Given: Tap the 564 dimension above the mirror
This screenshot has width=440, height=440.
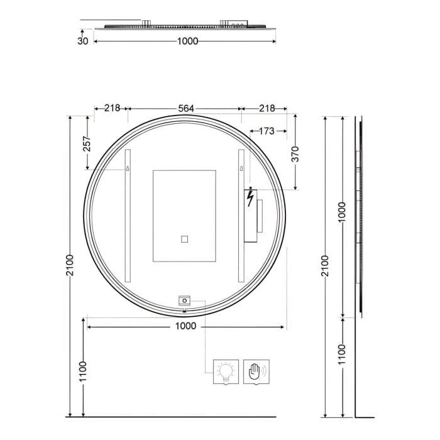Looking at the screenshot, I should click(185, 108).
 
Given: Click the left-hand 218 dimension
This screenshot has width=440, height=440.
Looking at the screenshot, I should click(112, 108).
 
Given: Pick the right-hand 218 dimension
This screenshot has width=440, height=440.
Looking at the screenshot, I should click(267, 108).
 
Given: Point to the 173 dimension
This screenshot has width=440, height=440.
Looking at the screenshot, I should click(267, 131).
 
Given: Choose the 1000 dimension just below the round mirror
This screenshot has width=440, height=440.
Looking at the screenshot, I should click(185, 326).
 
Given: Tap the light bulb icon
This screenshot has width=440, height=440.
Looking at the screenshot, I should click(226, 370).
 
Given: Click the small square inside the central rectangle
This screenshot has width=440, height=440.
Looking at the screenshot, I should click(184, 239).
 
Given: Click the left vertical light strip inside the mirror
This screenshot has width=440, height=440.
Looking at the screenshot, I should click(128, 217).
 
